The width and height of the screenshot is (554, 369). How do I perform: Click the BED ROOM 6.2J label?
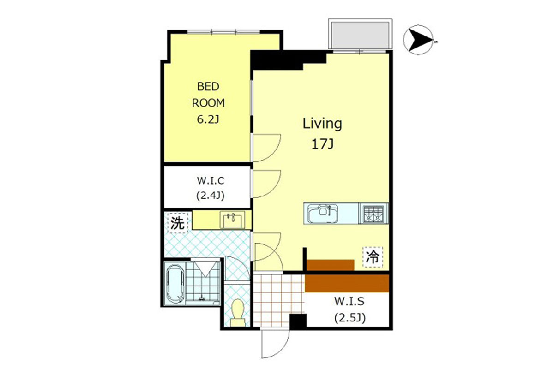(x=208, y=103)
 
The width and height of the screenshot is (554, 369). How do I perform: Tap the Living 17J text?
(x=322, y=134)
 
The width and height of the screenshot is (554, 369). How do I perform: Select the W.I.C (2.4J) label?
(x=211, y=188)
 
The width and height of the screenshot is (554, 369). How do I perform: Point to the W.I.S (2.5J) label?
(x=350, y=309)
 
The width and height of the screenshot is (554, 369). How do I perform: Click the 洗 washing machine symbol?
(x=178, y=223)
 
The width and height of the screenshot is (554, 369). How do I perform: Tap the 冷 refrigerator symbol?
(x=373, y=257)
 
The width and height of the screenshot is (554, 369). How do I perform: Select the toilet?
(x=238, y=313)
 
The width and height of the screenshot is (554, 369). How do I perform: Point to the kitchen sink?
(x=323, y=213)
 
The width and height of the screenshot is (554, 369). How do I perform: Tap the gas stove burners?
(x=373, y=214)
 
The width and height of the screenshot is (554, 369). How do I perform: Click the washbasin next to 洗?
(x=232, y=220)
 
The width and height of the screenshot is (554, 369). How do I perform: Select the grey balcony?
(x=360, y=36)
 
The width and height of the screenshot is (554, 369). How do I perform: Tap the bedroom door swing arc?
(x=275, y=153)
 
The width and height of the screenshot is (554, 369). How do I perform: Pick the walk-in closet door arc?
(x=275, y=189)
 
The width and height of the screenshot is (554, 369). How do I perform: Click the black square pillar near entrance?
(x=298, y=321)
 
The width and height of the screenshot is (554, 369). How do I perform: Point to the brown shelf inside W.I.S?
(x=347, y=283)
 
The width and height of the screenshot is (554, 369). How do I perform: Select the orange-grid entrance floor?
(x=279, y=301)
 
